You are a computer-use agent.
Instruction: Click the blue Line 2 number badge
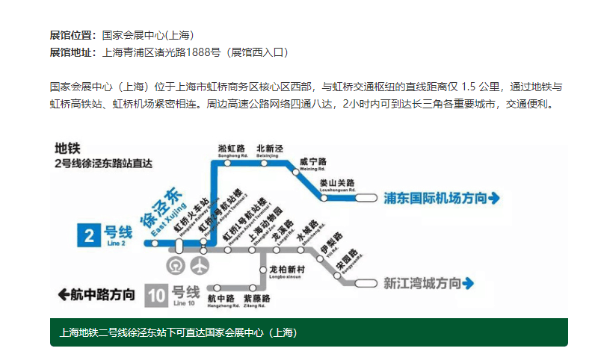coord(90,237)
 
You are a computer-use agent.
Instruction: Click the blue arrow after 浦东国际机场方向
coord(493,198)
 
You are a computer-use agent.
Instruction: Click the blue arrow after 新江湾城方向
coord(469,284)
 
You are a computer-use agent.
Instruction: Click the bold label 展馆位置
coord(73,35)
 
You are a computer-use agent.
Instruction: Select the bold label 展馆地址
coord(73,52)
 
